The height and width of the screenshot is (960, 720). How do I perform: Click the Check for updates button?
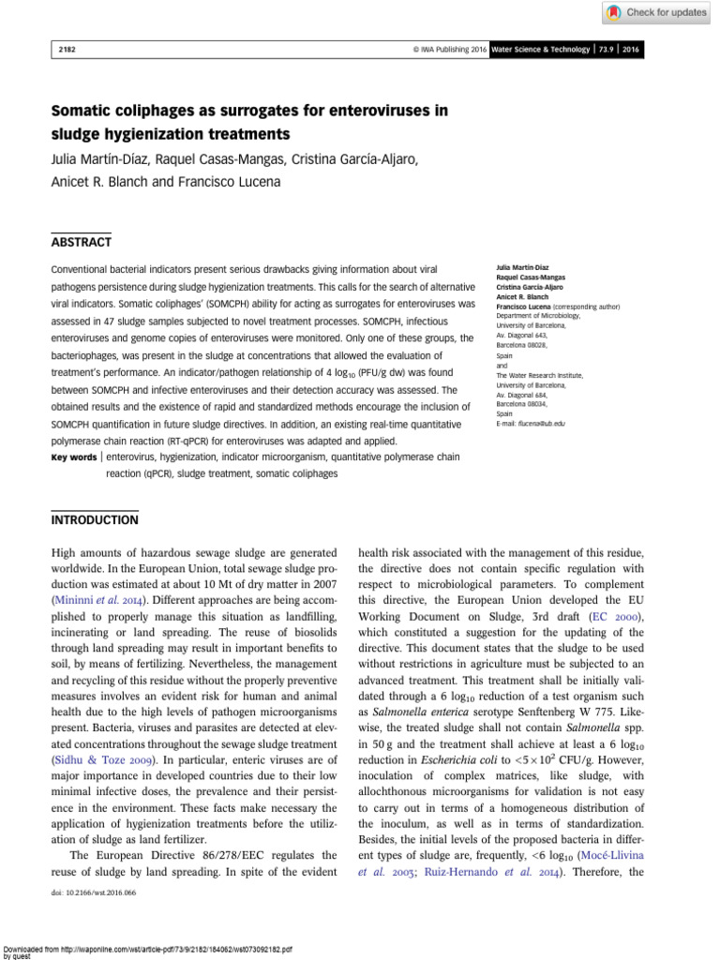tap(654, 12)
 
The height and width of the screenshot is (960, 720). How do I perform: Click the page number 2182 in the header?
tap(66, 49)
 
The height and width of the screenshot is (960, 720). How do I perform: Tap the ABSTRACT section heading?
tap(82, 242)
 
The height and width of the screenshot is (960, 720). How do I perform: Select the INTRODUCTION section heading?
tap(95, 518)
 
